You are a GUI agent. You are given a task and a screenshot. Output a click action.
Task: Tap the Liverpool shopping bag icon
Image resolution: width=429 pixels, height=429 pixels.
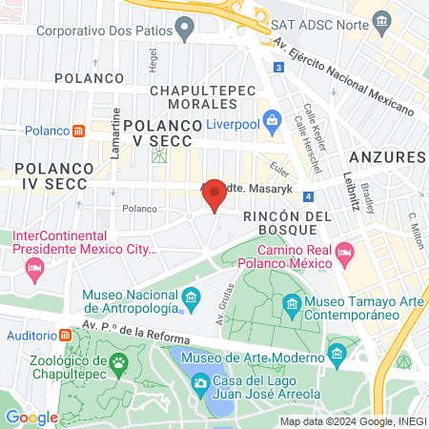pos(273,119)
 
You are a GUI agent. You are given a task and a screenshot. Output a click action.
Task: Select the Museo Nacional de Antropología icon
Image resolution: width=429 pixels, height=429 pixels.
pos(191,298)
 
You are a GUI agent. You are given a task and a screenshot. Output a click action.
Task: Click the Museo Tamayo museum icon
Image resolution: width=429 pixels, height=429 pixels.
pos(292,307)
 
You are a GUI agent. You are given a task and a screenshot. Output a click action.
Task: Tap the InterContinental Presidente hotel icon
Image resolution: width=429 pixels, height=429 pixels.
pos(35,270)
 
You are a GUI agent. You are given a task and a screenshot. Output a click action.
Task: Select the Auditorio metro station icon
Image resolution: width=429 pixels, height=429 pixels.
pos(65,336)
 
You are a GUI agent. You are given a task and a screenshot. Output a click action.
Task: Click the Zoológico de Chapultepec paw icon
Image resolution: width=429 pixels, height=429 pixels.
pos(118,361)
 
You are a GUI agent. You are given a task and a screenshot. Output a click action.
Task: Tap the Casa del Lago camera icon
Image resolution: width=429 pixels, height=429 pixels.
pos(200,383)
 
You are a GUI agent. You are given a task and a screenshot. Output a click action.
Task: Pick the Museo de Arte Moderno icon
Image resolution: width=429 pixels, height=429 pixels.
pos(337,354)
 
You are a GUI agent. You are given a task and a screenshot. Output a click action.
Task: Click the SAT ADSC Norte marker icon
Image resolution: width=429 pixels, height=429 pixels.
pos(381,20)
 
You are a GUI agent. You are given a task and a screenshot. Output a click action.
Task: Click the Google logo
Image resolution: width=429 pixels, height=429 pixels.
pos(31,417)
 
